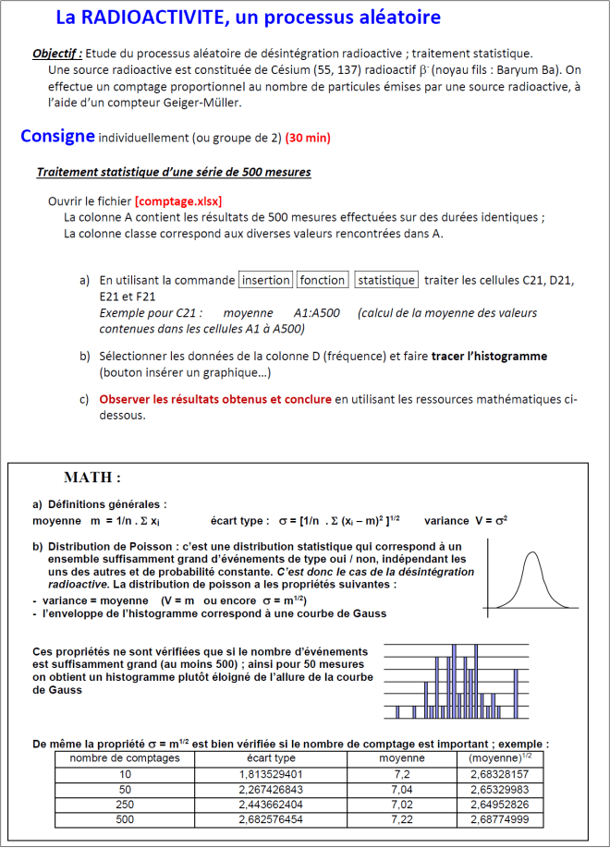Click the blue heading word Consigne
[x=57, y=137]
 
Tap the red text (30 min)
[x=308, y=139]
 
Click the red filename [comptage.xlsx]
[x=178, y=201]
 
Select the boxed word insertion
[x=265, y=280]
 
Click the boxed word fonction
[x=323, y=280]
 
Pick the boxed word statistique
[x=386, y=280]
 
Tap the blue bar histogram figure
[x=455, y=682]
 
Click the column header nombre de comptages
[x=125, y=757]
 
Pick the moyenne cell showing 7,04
[x=402, y=789]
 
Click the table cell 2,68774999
[x=499, y=819]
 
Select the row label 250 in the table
[x=125, y=805]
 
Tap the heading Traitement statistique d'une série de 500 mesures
[x=174, y=173]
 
